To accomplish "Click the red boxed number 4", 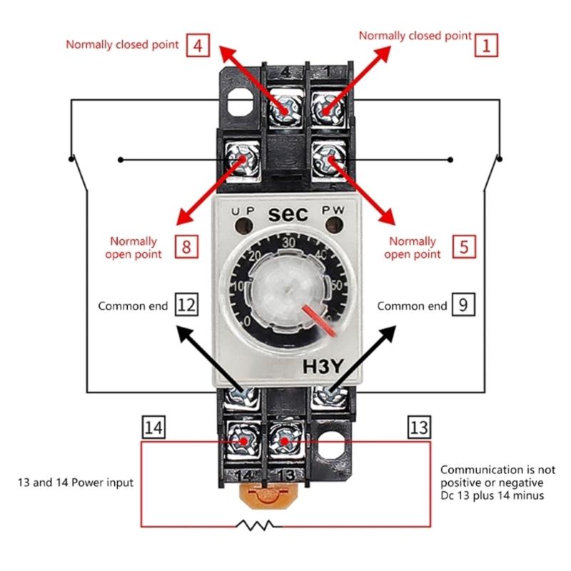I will click(x=197, y=46).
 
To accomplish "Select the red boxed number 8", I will click(x=186, y=248).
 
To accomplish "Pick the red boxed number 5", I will click(x=464, y=248).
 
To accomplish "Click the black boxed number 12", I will click(x=186, y=305).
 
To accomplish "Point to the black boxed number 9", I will click(x=463, y=305).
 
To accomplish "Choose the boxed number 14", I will click(x=153, y=428).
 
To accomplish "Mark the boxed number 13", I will click(x=419, y=428).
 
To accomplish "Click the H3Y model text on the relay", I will click(x=325, y=368).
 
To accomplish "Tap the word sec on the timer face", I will click(x=288, y=213).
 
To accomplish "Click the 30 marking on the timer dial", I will click(x=289, y=243).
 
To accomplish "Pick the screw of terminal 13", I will click(x=285, y=440).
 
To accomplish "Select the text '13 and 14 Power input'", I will click(x=76, y=483).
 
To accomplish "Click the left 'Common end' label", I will click(x=133, y=306).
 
